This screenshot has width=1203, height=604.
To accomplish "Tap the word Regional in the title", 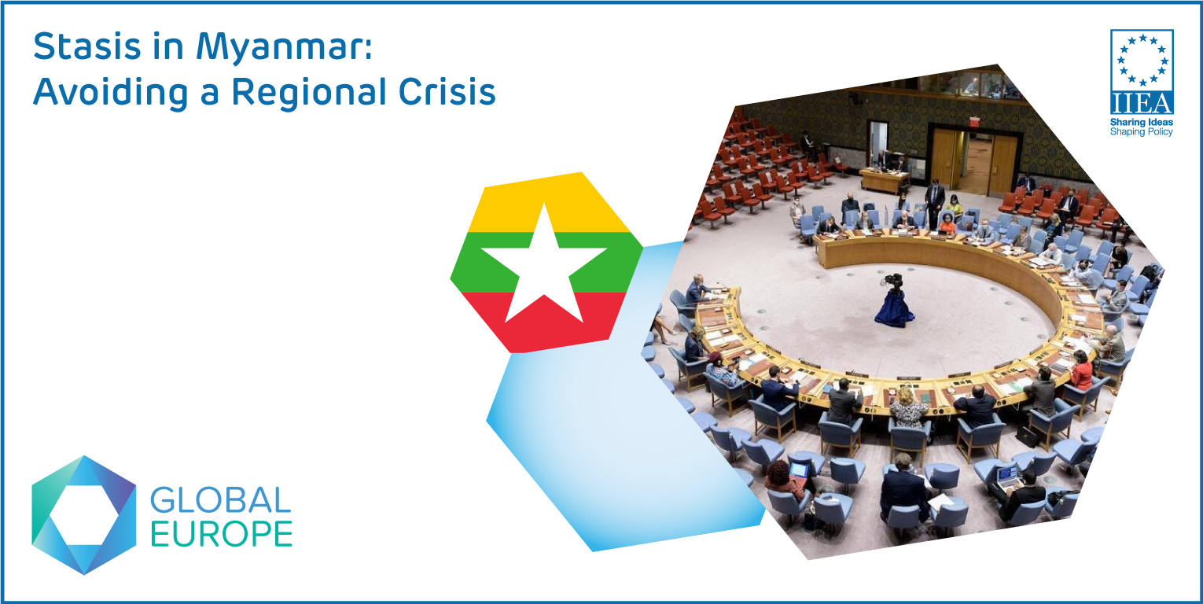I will click(311, 92).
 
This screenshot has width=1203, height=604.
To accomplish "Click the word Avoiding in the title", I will click(110, 94).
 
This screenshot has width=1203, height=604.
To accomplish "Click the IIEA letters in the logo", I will click(1142, 103).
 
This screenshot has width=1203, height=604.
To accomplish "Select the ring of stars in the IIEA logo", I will click(1142, 60).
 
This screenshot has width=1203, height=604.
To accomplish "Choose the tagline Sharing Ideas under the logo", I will click(1141, 123).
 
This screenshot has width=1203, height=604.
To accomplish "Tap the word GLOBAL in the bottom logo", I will click(220, 500).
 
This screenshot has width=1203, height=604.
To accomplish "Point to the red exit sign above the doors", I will click(975, 121).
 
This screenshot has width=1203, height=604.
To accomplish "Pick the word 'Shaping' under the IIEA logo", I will click(1126, 131).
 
